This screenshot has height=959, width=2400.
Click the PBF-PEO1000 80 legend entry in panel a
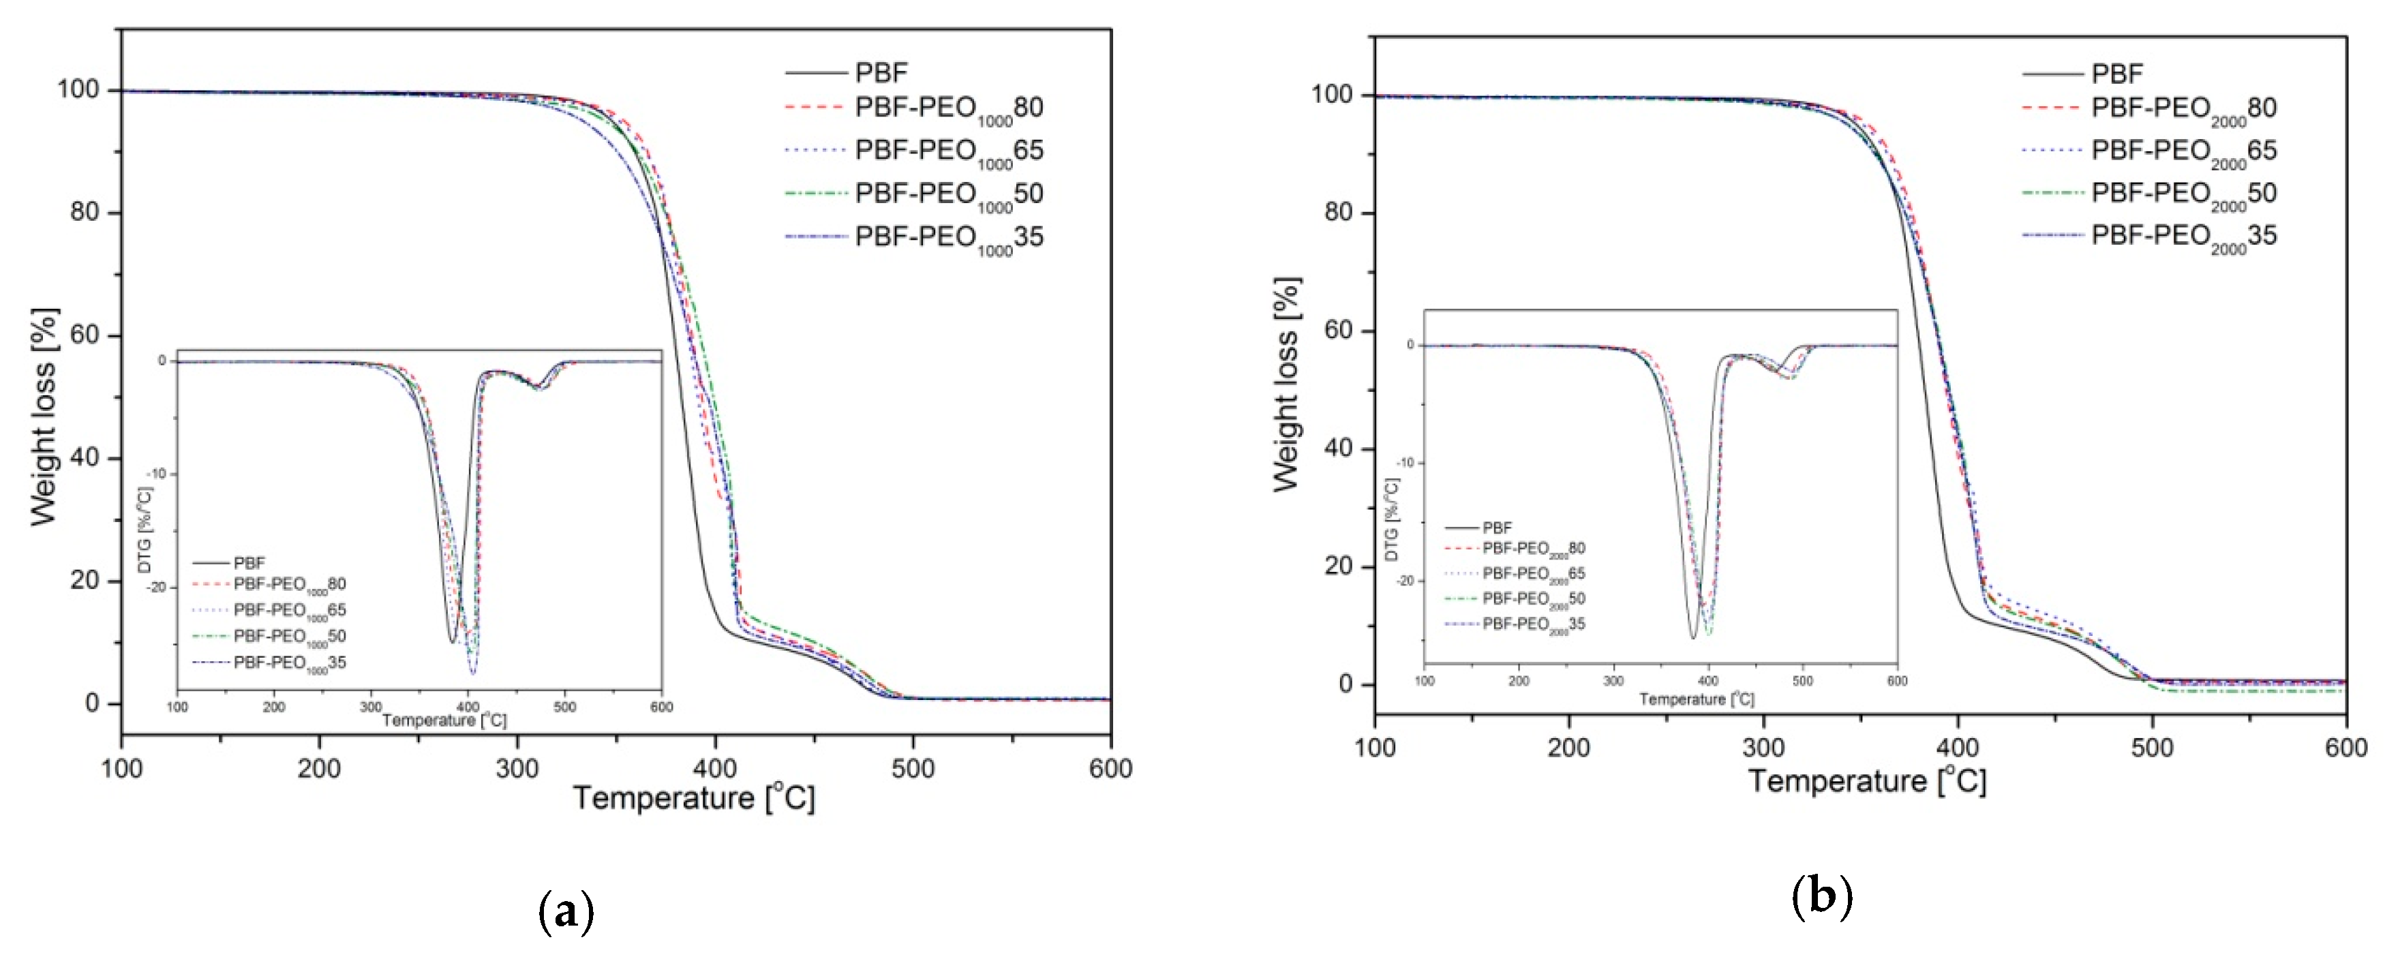click(947, 108)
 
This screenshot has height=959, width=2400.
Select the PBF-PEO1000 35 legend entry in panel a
click(947, 238)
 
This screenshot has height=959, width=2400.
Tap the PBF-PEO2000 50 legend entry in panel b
click(2183, 194)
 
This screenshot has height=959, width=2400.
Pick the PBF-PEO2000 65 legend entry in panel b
click(2183, 151)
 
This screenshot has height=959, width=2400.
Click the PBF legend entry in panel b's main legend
click(2116, 74)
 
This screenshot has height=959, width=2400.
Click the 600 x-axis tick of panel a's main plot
click(1110, 769)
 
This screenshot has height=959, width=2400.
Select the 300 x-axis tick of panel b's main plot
click(1763, 748)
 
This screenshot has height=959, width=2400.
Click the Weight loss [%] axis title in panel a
click(44, 416)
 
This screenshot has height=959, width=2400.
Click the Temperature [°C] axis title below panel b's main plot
click(1867, 781)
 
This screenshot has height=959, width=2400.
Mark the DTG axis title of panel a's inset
click(145, 530)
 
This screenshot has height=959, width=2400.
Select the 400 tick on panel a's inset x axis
click(467, 706)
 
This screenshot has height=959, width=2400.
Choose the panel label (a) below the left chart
click(566, 913)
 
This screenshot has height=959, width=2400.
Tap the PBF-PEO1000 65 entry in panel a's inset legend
click(289, 611)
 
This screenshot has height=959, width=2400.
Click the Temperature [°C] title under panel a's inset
click(444, 720)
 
